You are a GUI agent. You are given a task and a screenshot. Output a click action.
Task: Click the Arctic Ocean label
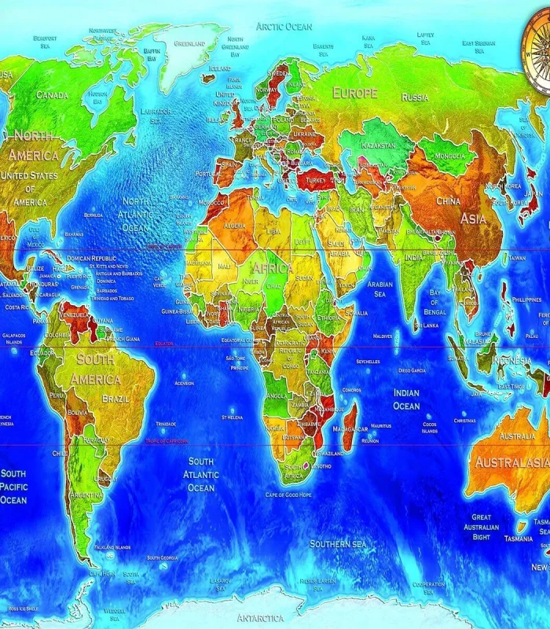[x=284, y=27]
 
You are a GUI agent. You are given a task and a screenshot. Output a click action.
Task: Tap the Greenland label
[x=189, y=44]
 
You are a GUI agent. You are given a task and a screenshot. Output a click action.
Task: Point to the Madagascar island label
[x=350, y=429]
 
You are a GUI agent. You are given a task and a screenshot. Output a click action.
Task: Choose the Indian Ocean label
[x=406, y=399]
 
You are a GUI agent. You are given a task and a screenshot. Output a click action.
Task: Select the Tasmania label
[x=519, y=539]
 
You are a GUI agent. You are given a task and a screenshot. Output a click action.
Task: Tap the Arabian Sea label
[x=380, y=289]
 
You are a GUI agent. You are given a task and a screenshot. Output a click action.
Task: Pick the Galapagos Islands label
[x=13, y=339]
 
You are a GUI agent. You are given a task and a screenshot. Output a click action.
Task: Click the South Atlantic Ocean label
[x=200, y=475]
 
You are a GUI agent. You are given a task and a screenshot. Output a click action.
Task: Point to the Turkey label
[x=315, y=180]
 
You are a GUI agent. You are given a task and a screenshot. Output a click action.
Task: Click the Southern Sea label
[x=338, y=543]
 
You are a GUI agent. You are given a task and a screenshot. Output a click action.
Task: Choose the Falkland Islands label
[x=112, y=547]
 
